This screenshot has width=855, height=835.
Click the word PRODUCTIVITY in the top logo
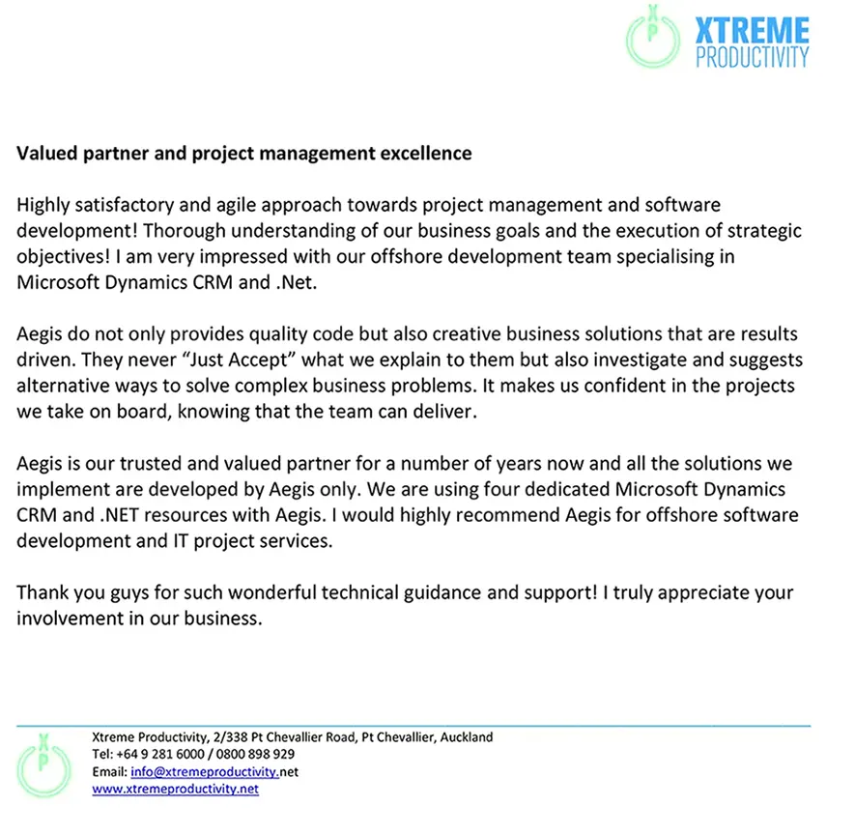752,56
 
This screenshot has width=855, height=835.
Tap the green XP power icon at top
654,36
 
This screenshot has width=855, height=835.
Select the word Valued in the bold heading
44,153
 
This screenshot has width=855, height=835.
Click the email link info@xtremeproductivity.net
214,772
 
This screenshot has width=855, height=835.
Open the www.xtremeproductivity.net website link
175,789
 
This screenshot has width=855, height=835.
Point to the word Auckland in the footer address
466,736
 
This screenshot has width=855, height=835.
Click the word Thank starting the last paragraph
43,592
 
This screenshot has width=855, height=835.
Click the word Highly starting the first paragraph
43,205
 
